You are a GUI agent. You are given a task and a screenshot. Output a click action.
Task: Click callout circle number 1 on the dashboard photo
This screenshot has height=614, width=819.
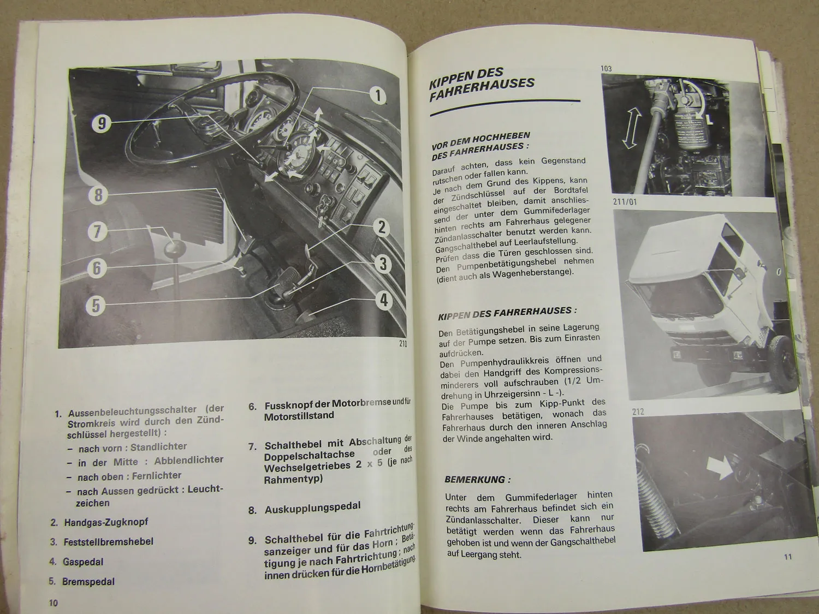coord(378,96)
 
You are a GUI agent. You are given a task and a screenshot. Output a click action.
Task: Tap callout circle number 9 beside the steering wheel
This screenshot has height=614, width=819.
coord(102,123)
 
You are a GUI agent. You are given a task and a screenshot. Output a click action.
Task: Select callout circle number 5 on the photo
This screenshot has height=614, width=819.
coord(96,305)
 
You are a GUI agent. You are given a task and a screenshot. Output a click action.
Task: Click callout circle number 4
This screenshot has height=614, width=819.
coord(384,300)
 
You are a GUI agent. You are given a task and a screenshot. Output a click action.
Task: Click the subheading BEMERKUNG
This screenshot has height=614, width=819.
coord(477,480)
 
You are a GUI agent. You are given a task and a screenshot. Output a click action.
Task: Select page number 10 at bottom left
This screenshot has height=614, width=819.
coord(53,603)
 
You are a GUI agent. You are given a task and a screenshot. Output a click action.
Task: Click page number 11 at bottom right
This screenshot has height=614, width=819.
coord(787,557)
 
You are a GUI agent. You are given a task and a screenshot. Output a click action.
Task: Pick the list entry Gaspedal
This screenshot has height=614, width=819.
coord(83,562)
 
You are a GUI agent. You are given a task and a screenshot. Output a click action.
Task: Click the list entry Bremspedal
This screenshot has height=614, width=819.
coord(88,582)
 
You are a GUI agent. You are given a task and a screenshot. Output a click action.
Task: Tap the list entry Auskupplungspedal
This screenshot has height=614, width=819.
coord(312,508)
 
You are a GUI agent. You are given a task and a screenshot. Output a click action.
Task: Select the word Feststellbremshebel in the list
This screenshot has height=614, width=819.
coord(108,541)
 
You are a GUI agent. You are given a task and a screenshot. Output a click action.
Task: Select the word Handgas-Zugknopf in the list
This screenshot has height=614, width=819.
coord(106,522)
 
